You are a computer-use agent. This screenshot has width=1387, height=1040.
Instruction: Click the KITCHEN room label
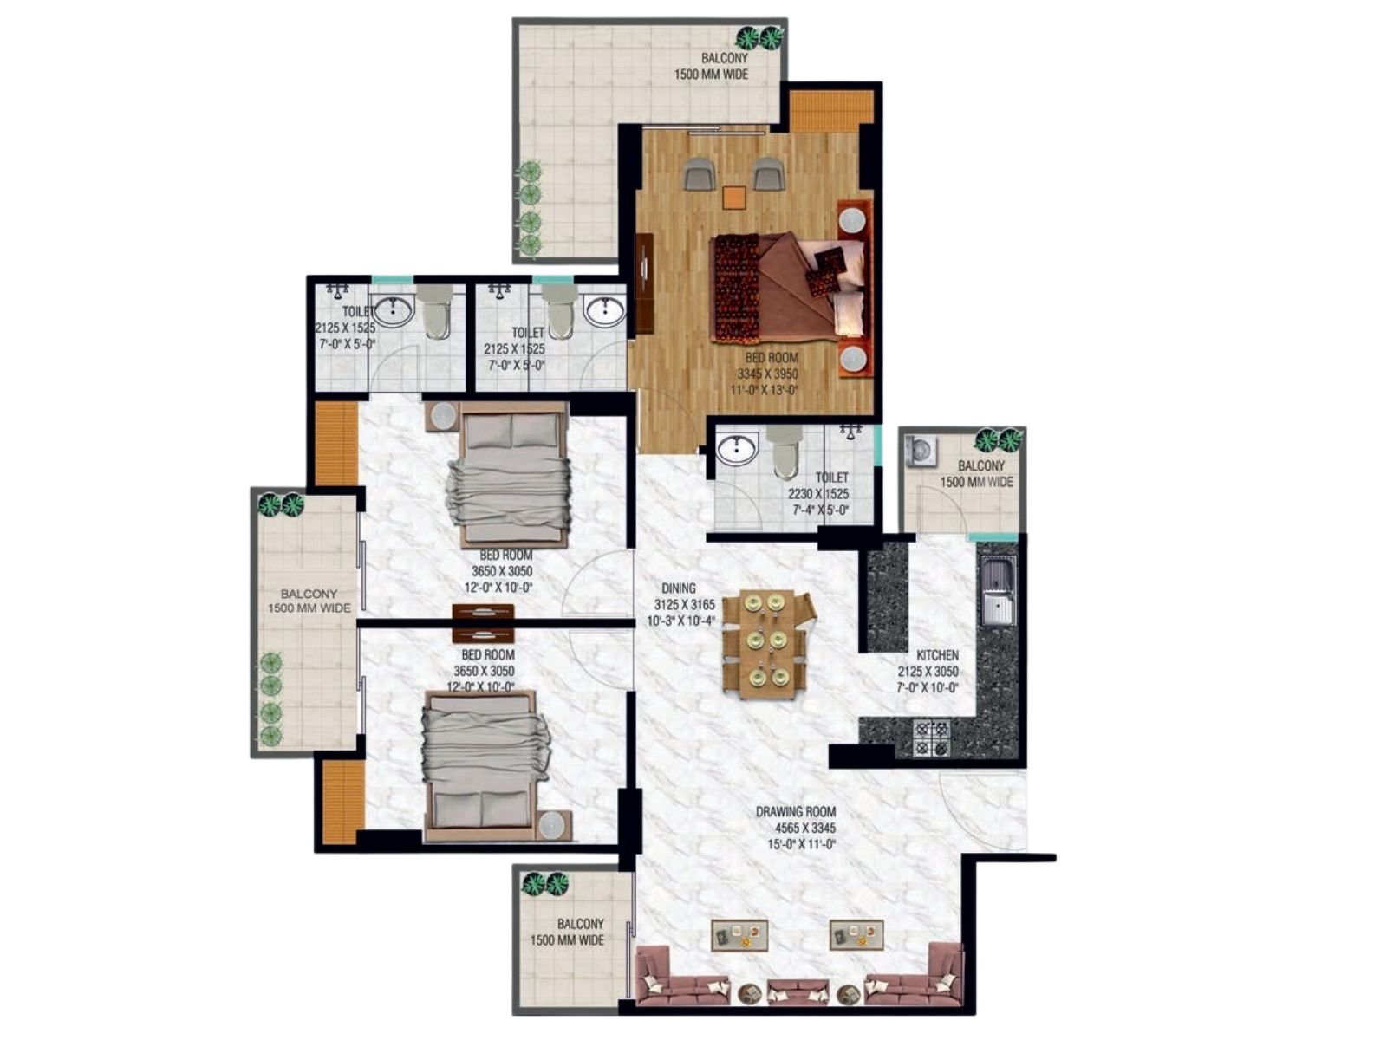point(937,655)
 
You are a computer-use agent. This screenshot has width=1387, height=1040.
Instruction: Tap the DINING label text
point(680,588)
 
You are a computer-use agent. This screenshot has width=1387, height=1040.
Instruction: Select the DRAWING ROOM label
point(796,811)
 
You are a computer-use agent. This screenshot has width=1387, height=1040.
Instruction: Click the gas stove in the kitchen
point(931,738)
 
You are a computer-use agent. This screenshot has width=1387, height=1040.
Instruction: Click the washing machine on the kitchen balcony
point(920,451)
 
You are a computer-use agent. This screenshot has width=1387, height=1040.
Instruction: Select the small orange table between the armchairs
point(733,197)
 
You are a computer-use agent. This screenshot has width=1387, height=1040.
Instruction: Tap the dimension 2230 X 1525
point(817,494)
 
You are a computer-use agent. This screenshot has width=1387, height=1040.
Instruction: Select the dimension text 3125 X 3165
point(684,604)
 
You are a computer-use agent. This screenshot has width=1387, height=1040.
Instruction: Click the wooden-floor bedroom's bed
point(789,286)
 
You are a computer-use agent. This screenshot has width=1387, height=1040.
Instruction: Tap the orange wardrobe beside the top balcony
point(831,111)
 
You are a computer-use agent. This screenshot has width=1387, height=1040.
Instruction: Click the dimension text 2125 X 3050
point(928,671)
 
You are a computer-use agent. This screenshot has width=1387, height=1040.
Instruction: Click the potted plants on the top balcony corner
point(761,38)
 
